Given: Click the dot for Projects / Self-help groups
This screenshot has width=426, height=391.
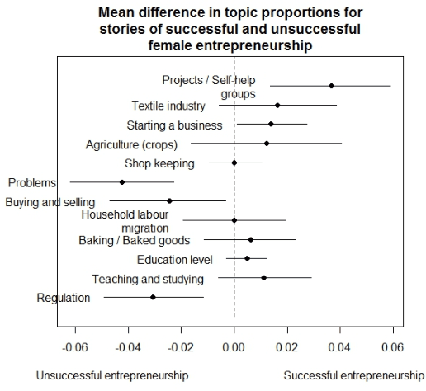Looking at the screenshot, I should (331, 86).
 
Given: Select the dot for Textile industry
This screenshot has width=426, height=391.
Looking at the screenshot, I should (277, 106).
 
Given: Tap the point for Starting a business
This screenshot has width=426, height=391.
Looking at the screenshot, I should (271, 124).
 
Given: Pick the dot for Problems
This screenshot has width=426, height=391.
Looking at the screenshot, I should (122, 182).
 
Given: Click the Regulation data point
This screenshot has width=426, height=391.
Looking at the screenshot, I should (153, 297).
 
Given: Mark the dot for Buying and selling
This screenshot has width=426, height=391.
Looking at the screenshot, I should (169, 200).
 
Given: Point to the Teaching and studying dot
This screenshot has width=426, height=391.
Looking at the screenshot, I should (263, 278).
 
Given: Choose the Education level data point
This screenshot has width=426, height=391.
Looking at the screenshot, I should (247, 258).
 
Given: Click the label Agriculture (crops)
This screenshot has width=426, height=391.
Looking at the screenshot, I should (131, 145).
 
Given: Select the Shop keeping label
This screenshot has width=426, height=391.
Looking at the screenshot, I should (159, 163).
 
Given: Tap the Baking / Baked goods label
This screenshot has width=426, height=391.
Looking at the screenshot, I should (135, 240).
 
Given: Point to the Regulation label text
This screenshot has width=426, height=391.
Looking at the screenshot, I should (64, 298).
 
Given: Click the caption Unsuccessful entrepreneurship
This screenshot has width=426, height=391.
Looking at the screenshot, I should (111, 375).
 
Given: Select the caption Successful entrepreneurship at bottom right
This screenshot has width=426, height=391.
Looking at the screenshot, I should (353, 375).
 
